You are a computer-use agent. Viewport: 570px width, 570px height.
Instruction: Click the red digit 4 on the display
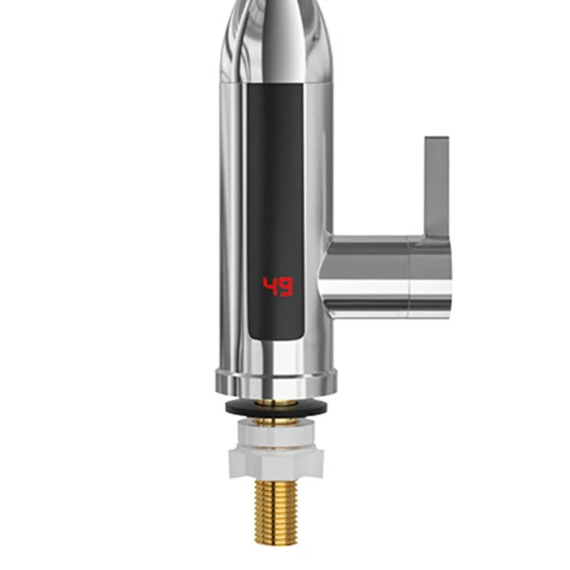tap(269, 287)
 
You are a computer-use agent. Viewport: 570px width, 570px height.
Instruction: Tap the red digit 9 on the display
tap(286, 287)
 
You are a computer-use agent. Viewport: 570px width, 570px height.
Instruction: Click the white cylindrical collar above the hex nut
tap(275, 430)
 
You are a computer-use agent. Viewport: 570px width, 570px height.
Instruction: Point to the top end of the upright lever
tap(437, 140)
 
